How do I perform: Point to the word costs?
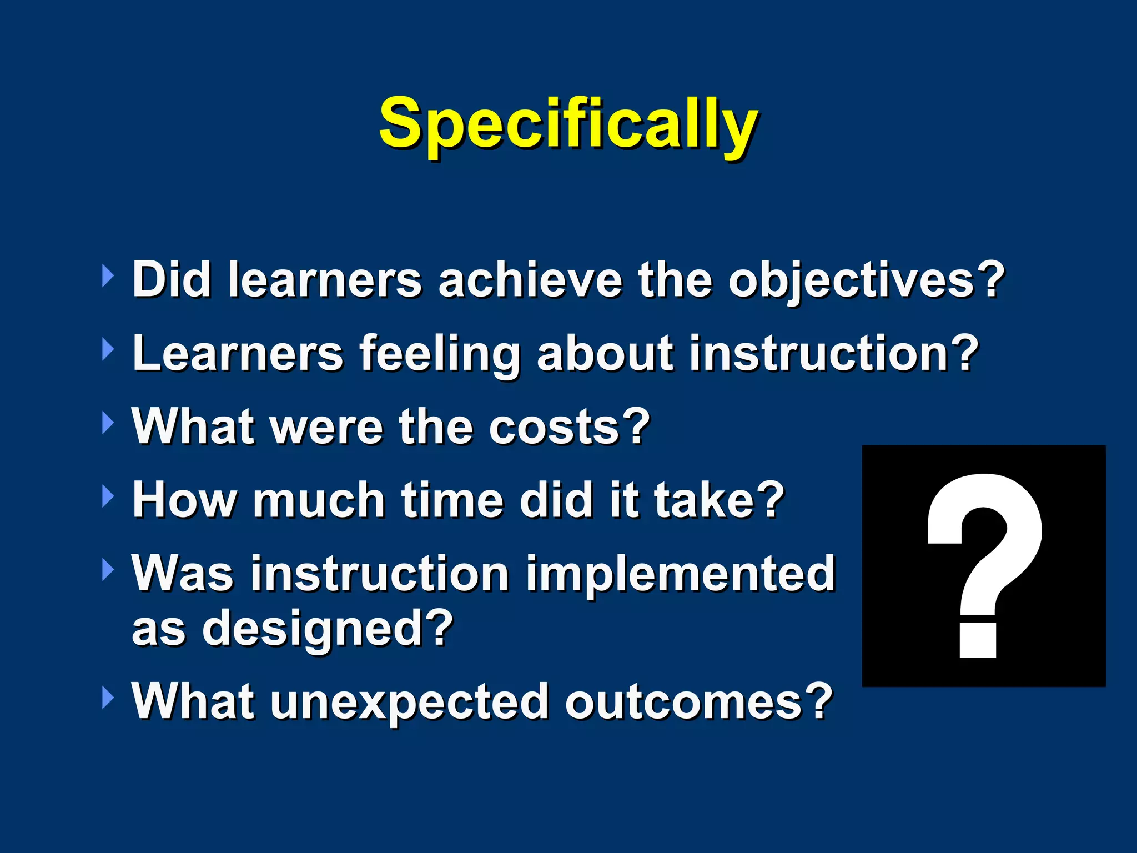tap(555, 427)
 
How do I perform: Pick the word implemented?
tap(680, 574)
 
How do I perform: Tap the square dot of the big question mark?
tap(978, 640)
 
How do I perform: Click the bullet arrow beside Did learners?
tap(108, 276)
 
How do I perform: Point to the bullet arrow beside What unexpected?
tap(108, 698)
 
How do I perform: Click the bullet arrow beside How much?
tap(108, 496)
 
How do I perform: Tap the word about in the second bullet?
tap(605, 354)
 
